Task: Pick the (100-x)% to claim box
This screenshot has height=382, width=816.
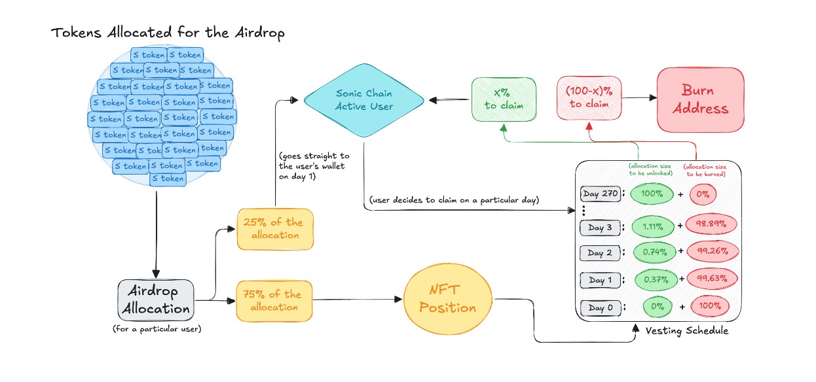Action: point(588,98)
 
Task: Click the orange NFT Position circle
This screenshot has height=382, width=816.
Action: point(447,300)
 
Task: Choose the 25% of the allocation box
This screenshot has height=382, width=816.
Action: point(275,229)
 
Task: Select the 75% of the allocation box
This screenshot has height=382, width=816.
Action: point(275,301)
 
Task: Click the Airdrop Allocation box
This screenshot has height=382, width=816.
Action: point(155,300)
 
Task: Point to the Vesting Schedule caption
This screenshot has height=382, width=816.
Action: point(686,331)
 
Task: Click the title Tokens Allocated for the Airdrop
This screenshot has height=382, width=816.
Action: point(168,32)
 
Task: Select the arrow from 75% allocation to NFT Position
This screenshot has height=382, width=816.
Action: point(358,301)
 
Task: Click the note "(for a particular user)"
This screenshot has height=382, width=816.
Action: point(157,329)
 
